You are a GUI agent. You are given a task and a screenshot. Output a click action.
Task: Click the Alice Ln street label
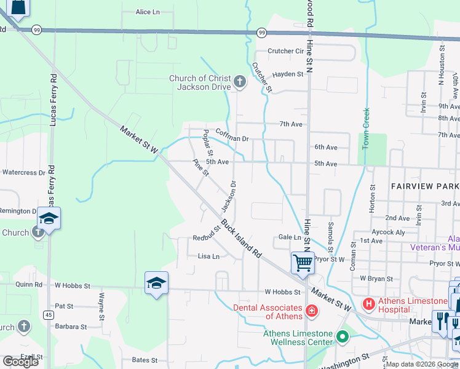coord(147,12)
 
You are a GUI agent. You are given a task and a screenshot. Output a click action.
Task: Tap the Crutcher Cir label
coord(285,51)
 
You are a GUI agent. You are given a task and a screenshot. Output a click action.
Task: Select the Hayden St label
coord(288,74)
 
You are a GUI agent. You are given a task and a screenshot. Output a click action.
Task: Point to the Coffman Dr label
coord(232,139)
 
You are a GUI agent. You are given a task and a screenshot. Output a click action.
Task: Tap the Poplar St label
coord(208,143)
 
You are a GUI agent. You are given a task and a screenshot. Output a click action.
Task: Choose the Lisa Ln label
coord(208,256)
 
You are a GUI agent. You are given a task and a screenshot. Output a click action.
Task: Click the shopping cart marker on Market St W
coord(303,263)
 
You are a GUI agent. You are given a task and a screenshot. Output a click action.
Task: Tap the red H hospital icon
coord(368,304)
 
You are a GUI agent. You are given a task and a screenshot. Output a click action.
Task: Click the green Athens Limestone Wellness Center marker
coord(342,337)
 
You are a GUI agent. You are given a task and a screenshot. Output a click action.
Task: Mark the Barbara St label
coord(69,327)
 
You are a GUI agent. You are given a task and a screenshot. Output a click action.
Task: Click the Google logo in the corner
coord(20,362)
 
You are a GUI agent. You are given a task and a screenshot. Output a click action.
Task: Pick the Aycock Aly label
coord(389,232)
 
